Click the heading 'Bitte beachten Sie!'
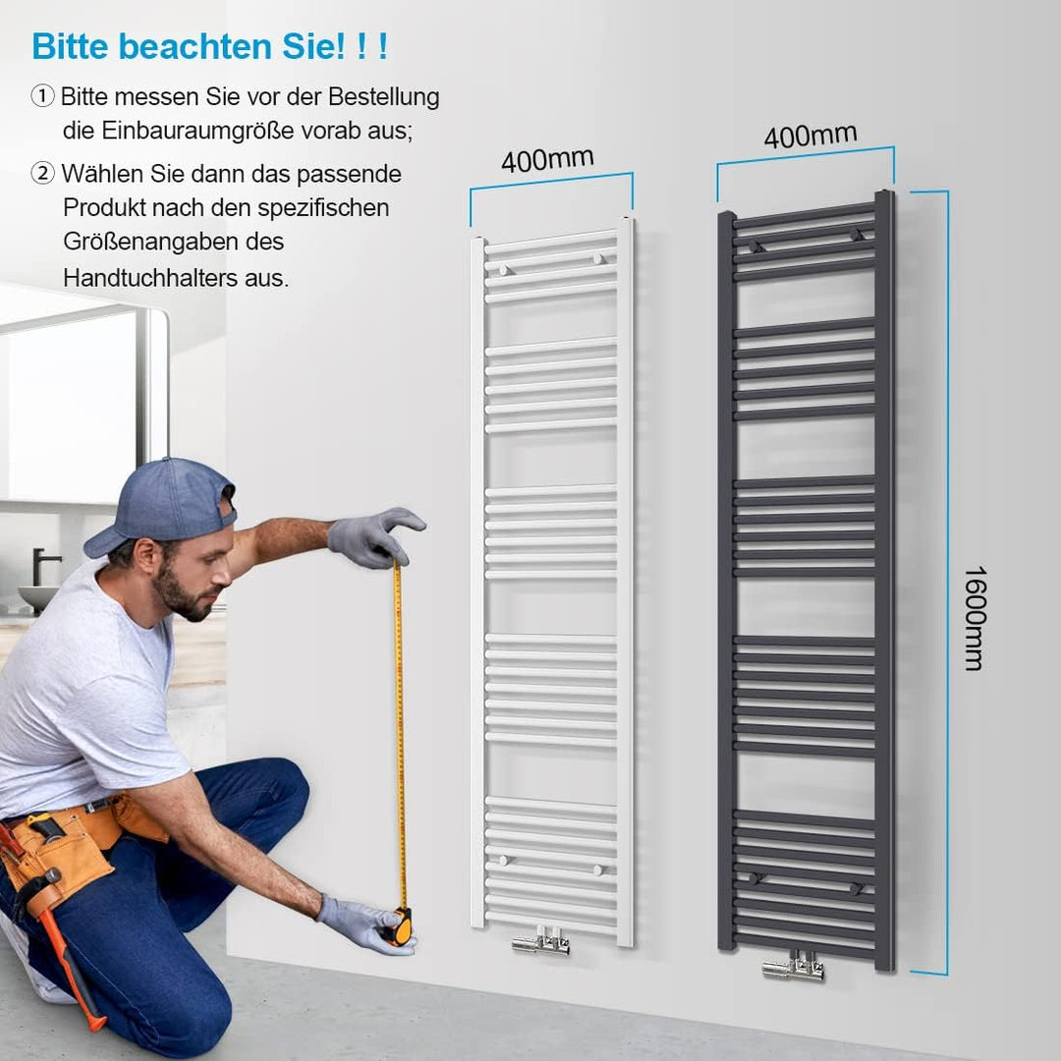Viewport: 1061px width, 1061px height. click(x=209, y=46)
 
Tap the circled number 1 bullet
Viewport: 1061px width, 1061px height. click(x=42, y=96)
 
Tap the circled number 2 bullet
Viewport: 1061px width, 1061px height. click(x=42, y=174)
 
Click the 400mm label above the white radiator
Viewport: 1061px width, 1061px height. click(x=547, y=159)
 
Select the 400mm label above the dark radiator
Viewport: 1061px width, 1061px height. click(x=810, y=136)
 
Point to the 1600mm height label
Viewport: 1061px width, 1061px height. click(x=974, y=618)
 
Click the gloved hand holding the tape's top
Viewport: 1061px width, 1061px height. click(x=372, y=537)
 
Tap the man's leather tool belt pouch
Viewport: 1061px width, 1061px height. click(x=59, y=855)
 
